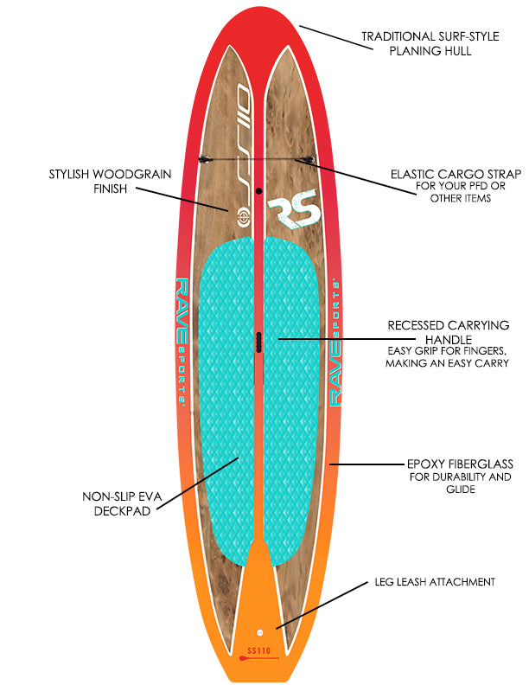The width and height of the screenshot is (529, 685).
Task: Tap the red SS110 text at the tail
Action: tap(258, 649)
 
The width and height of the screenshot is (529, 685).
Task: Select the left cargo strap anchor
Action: tap(205, 159)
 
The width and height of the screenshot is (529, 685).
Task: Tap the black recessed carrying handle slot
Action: tap(257, 342)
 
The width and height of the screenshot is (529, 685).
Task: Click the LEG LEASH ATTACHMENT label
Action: tap(435, 582)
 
